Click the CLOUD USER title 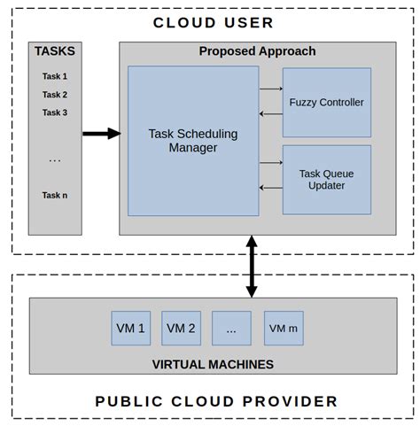[214, 22]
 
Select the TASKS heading [55, 51]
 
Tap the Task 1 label [55, 76]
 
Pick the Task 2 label [55, 95]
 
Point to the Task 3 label [55, 112]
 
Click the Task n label [55, 195]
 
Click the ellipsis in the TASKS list [55, 160]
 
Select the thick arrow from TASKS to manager [101, 134]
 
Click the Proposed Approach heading [257, 51]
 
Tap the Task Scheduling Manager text [193, 141]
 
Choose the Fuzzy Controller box [326, 102]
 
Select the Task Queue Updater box [326, 179]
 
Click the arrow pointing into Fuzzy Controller [270, 89]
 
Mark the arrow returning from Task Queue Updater [270, 188]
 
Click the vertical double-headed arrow [252, 266]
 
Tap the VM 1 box [130, 329]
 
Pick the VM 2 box [181, 329]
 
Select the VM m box [284, 329]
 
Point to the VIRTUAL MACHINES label [213, 364]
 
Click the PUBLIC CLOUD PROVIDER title [216, 401]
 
